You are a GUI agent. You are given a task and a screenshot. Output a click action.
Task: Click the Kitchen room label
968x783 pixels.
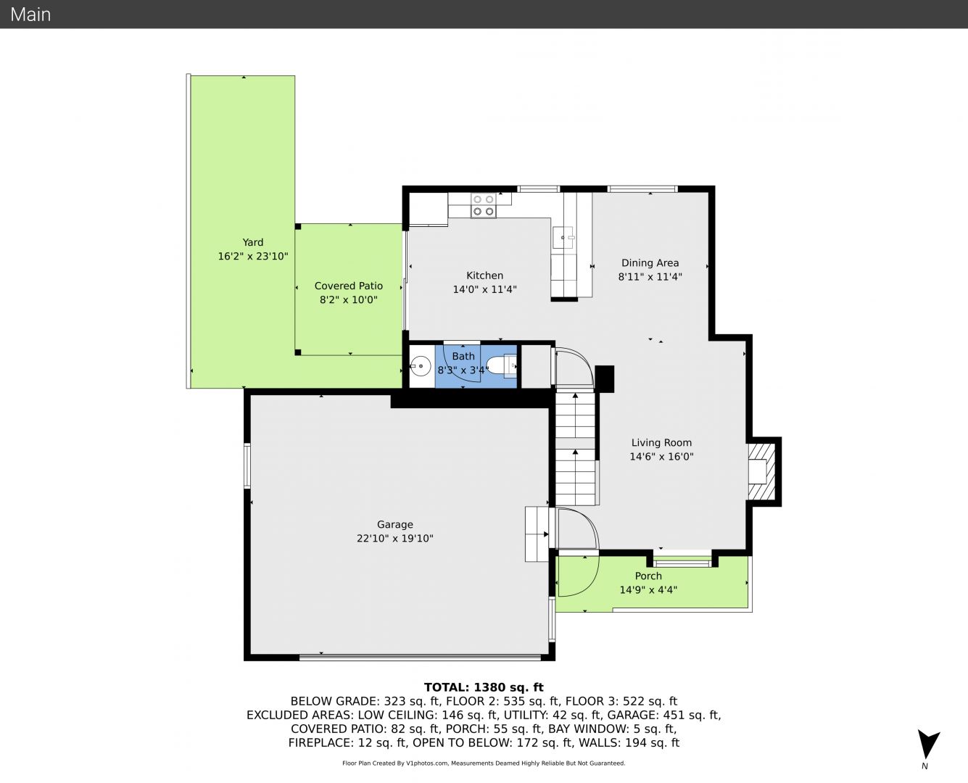tap(484, 275)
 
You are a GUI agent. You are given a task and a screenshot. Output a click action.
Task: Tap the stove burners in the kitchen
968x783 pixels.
tap(483, 205)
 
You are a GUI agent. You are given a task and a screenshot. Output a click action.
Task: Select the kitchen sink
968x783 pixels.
tap(563, 237)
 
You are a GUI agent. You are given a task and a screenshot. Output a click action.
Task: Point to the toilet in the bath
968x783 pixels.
tap(501, 365)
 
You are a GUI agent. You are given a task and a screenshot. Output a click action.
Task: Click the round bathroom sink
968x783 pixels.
tap(421, 366)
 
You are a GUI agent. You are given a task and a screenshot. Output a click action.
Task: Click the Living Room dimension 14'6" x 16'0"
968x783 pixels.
tap(661, 456)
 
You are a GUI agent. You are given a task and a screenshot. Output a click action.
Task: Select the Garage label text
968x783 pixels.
tap(395, 524)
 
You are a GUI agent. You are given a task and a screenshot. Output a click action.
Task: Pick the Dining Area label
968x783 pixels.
tap(650, 262)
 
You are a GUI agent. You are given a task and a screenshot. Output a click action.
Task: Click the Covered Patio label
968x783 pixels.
tap(349, 286)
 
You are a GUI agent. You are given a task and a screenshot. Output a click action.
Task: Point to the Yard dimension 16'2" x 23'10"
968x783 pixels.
tap(253, 257)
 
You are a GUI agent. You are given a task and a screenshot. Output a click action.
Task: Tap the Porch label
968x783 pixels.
tap(648, 576)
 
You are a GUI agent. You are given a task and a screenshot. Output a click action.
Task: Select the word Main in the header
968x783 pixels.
tap(30, 14)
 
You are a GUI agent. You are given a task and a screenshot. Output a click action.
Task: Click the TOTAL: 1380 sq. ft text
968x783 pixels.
tap(484, 687)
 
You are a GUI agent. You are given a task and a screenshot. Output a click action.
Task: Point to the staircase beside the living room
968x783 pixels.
tap(575, 448)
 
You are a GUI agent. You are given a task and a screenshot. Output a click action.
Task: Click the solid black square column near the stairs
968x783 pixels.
tap(605, 379)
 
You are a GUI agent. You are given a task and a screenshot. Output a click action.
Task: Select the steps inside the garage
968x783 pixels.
tap(537, 534)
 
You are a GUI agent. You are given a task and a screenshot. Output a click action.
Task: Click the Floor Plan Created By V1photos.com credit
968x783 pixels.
tap(484, 763)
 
